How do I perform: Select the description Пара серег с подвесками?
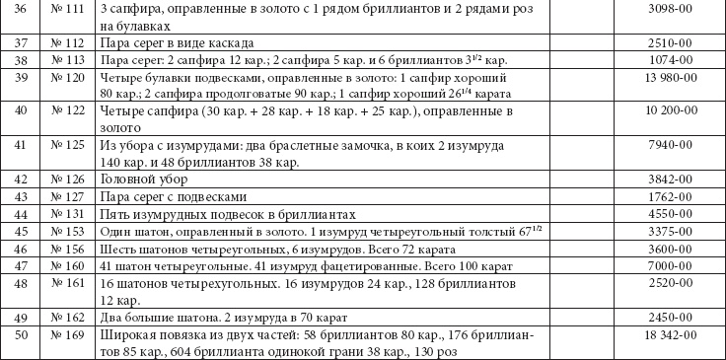coord(174,196)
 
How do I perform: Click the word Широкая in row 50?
coord(127,336)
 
